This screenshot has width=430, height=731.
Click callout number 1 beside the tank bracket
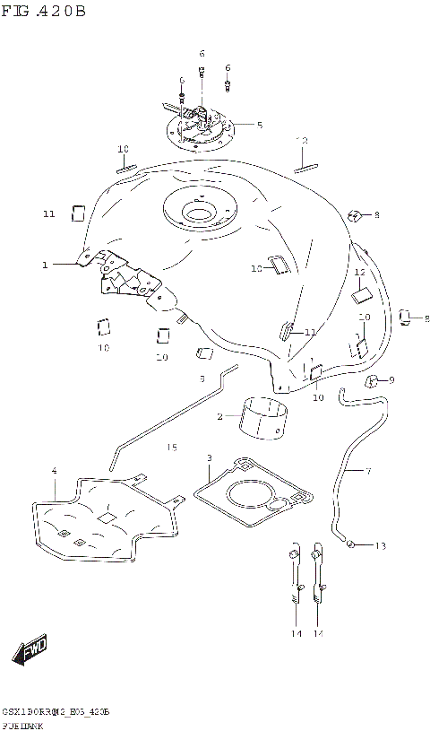tap(44, 265)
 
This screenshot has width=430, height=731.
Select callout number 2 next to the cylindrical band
tap(219, 416)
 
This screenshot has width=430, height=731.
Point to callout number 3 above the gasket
tap(209, 458)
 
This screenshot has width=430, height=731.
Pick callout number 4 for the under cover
tap(55, 471)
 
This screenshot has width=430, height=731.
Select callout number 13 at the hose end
tap(380, 545)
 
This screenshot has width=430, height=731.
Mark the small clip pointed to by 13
tap(353, 544)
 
